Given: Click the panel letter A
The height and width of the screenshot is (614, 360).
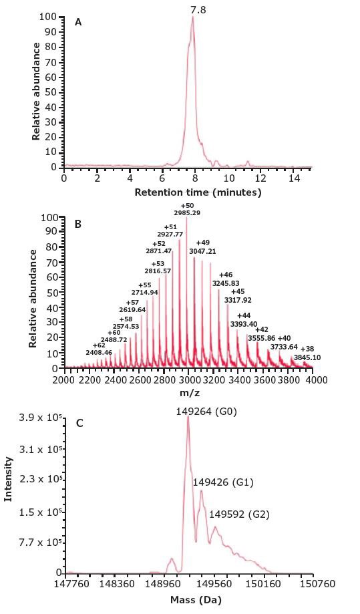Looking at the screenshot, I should [78, 22].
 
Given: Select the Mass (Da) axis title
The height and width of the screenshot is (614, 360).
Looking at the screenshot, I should [189, 599].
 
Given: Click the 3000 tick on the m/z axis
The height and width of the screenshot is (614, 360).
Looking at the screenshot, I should [189, 380].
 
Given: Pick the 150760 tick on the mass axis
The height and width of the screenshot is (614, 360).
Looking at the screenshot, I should [312, 585].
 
